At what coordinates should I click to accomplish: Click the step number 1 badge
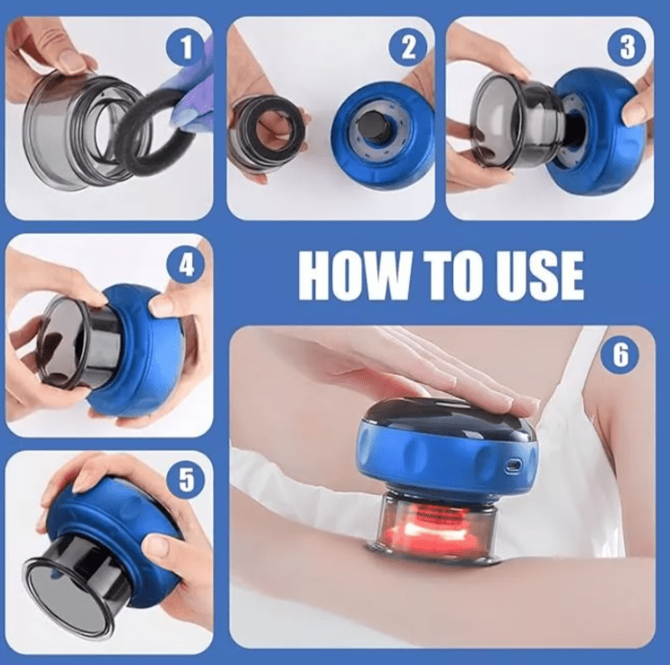pos(186,46)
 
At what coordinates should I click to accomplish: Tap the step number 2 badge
pos(408,46)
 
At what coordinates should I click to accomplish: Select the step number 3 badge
pos(627,46)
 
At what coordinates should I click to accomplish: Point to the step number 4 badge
pos(186,265)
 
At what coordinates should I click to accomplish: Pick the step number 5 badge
pos(186,479)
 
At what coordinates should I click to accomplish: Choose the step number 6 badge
pos(620,354)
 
